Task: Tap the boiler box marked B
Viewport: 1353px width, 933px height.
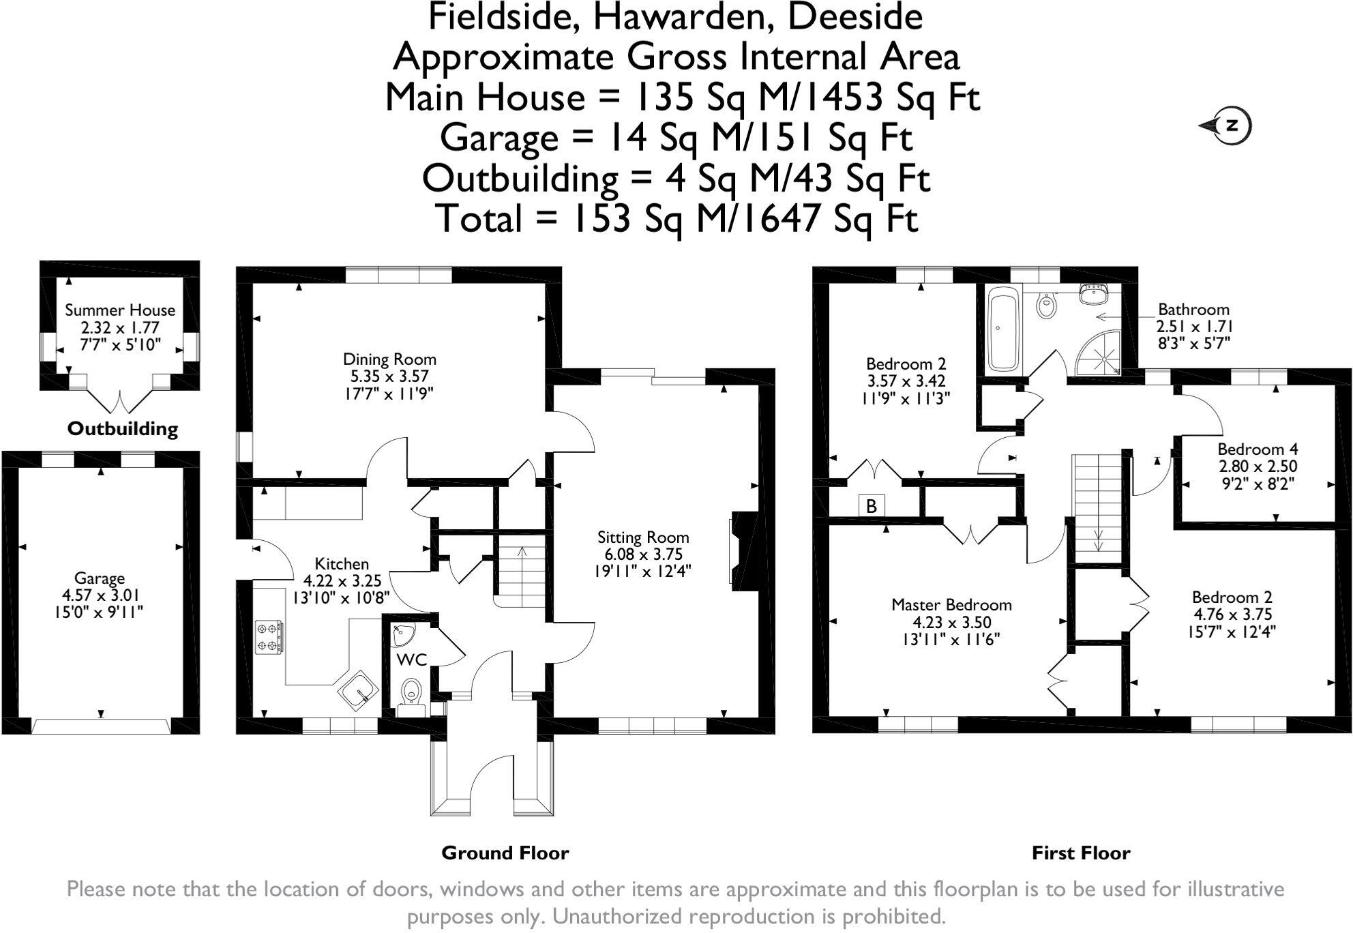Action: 871,506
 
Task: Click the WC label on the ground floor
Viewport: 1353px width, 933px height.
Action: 412,660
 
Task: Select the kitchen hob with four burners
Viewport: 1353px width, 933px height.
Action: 269,637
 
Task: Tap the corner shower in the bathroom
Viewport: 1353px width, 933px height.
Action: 1099,352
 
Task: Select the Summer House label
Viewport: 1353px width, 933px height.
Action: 120,310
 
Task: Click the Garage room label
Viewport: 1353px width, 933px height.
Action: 100,578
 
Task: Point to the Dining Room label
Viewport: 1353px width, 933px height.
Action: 389,359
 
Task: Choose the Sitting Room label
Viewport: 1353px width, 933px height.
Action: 643,537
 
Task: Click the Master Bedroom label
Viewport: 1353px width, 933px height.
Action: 951,605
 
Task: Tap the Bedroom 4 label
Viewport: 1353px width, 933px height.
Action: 1258,449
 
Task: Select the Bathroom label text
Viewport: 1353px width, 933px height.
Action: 1193,310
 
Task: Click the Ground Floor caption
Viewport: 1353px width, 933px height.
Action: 505,853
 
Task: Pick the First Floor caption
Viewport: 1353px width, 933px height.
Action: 1081,853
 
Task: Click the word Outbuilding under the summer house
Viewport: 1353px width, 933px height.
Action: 122,429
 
